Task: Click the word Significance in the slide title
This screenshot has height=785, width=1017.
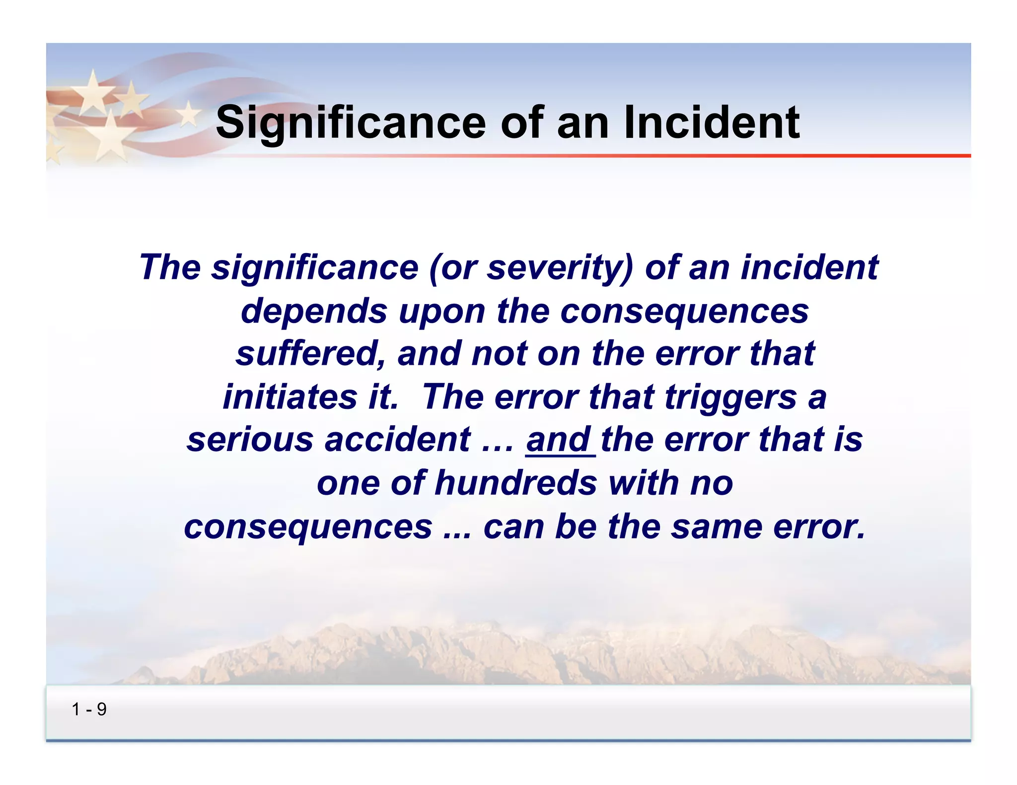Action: coord(351,123)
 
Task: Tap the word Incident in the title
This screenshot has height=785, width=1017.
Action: coord(711,123)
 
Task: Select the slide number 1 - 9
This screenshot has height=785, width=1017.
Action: coord(89,710)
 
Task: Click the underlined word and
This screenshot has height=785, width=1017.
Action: coord(559,440)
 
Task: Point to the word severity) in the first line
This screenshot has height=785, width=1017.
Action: coord(560,267)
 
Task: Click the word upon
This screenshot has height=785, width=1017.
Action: coord(442,311)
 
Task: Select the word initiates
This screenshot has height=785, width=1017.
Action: coord(290,397)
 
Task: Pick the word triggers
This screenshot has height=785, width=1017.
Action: coord(730,397)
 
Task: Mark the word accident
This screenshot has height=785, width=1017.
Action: coord(397,440)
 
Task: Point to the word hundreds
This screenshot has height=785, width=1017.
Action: coord(516,483)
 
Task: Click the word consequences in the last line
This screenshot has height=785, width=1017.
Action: coord(308,526)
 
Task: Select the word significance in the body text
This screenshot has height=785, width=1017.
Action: coord(315,267)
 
